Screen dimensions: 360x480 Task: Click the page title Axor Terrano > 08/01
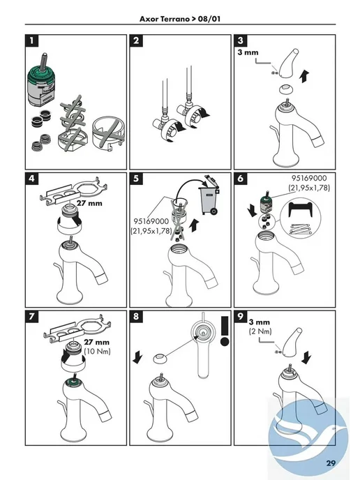pyautogui.click(x=180, y=19)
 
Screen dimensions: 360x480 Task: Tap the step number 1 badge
pyautogui.click(x=32, y=40)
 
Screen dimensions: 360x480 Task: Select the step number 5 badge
pyautogui.click(x=136, y=179)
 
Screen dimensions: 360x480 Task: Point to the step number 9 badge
pyautogui.click(x=241, y=316)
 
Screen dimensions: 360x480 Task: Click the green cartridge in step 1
pyautogui.click(x=41, y=82)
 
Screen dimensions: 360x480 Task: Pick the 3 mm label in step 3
pyautogui.click(x=248, y=52)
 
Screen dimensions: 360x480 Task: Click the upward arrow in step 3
pyautogui.click(x=305, y=76)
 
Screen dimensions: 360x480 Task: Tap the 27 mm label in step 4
pyautogui.click(x=89, y=203)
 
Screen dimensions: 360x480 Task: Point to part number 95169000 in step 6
pyautogui.click(x=309, y=178)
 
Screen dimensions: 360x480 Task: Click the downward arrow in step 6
pyautogui.click(x=253, y=210)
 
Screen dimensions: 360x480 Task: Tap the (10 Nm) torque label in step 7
pyautogui.click(x=97, y=351)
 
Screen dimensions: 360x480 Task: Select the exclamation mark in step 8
pyautogui.click(x=225, y=331)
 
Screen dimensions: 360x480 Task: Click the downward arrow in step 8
pyautogui.click(x=137, y=357)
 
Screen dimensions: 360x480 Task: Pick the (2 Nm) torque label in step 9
pyautogui.click(x=260, y=331)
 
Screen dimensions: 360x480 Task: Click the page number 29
pyautogui.click(x=331, y=463)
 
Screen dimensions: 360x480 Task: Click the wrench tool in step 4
pyautogui.click(x=75, y=190)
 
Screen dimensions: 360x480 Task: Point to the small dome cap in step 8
pyautogui.click(x=159, y=358)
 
